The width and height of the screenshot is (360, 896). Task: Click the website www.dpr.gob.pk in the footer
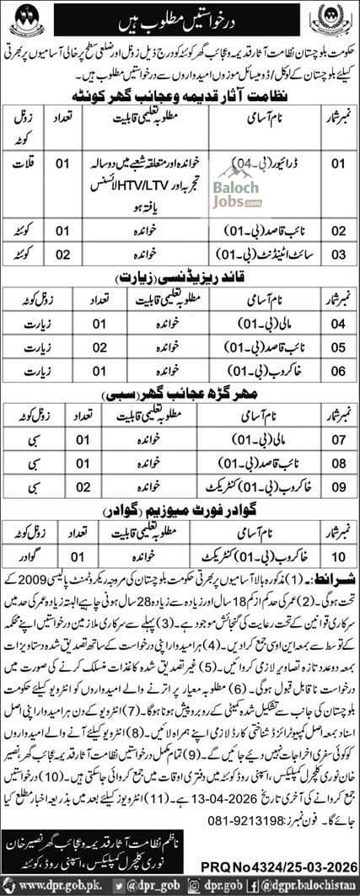click(x=49, y=884)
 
